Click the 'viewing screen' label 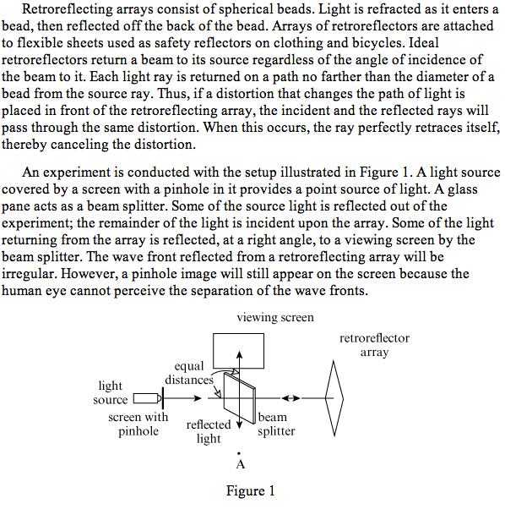(x=275, y=317)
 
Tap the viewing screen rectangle (x=238, y=334)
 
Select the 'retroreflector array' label (x=375, y=345)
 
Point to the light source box (x=146, y=398)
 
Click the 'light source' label (x=111, y=392)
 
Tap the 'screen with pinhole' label (x=138, y=424)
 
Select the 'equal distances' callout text (x=189, y=373)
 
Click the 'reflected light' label (x=209, y=431)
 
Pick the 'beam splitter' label (x=276, y=424)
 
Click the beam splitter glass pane (x=240, y=398)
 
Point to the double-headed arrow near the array (x=291, y=398)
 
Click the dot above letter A (x=239, y=453)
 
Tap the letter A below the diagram (x=241, y=464)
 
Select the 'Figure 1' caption (x=250, y=490)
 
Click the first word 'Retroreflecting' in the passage (x=68, y=9)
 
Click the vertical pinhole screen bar (x=163, y=398)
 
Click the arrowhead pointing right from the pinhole (x=198, y=398)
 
